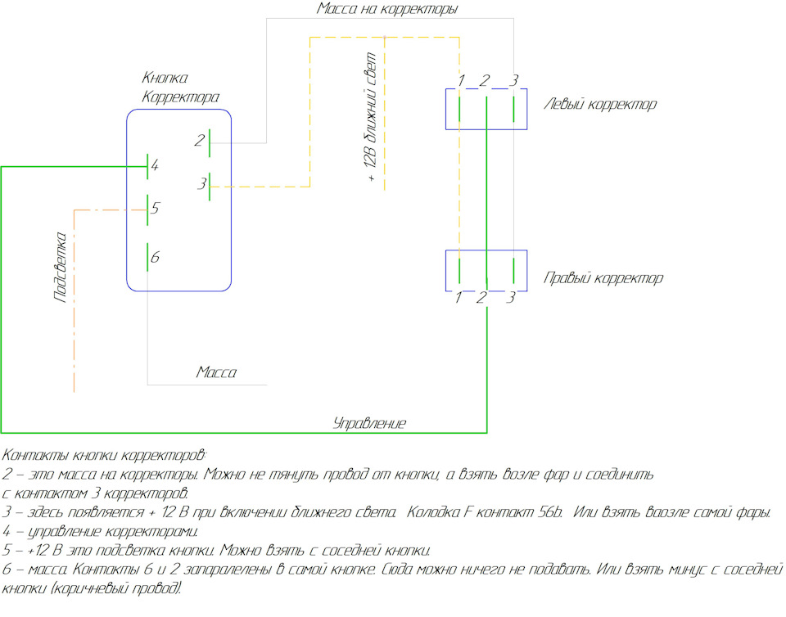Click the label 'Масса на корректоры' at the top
(387, 9)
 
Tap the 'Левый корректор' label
(600, 105)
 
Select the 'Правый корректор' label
(603, 278)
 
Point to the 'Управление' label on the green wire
(369, 424)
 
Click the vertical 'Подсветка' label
(60, 267)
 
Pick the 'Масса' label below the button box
(216, 372)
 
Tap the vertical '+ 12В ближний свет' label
(369, 117)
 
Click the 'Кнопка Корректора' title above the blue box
(180, 87)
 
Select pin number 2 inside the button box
(200, 140)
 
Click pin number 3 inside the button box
(201, 184)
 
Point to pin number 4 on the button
(155, 164)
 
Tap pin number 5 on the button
(156, 207)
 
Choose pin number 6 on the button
(155, 258)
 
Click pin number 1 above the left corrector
(461, 80)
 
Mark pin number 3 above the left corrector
(514, 80)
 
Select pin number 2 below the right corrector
(481, 298)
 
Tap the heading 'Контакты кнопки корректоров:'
(104, 455)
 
